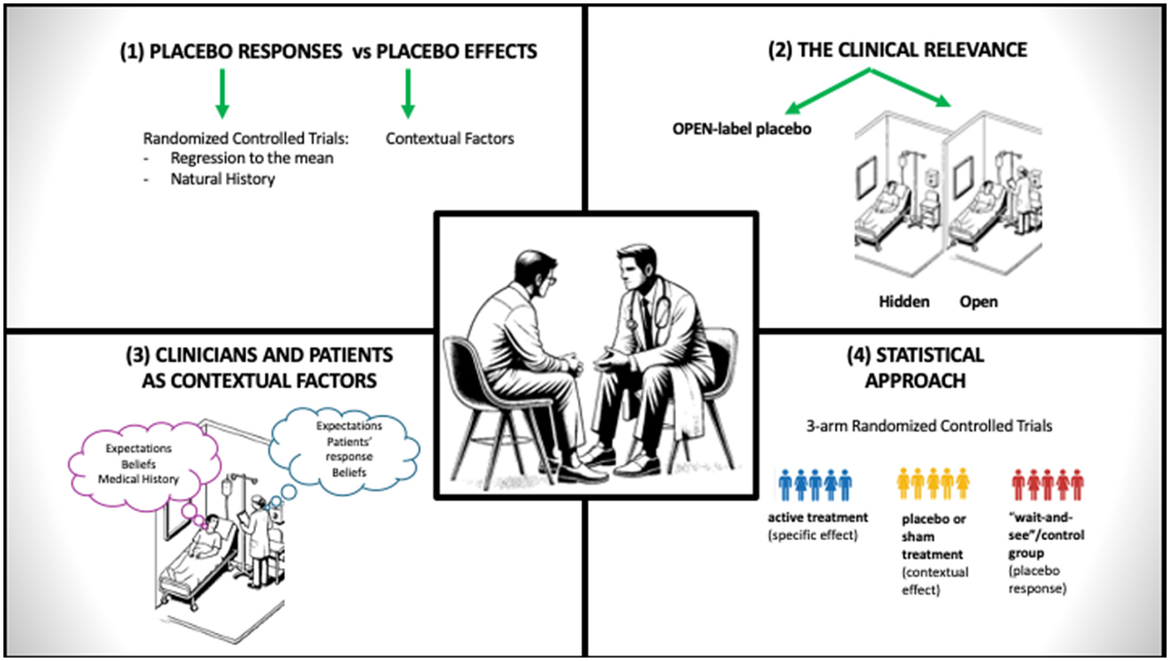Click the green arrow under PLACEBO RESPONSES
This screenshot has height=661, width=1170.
(223, 93)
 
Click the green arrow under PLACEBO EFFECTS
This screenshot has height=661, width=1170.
(408, 93)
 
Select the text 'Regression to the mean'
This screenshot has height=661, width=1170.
(252, 158)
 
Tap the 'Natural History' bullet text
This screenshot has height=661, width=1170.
(223, 179)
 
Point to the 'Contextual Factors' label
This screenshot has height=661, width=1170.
(450, 139)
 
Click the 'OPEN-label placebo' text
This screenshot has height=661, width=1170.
(741, 129)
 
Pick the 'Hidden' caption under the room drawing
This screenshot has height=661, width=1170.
(904, 302)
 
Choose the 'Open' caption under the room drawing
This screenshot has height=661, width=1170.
(979, 302)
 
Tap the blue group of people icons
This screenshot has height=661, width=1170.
(815, 485)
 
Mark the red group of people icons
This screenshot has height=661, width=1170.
(1047, 485)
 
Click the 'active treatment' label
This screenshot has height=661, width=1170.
(817, 518)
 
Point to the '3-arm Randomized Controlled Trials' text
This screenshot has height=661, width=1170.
(929, 426)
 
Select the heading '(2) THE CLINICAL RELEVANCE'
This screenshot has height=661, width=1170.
(897, 50)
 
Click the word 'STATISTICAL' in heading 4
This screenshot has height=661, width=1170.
(930, 355)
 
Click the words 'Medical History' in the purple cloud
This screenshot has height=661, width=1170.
(139, 479)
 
